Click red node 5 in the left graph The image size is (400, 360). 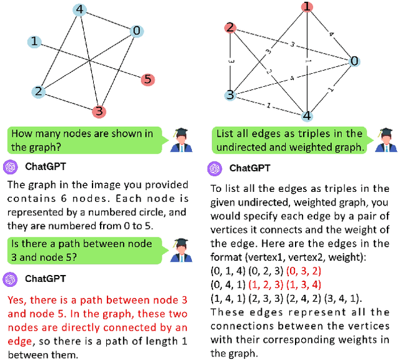coord(147,79)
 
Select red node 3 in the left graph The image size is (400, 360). coord(99,111)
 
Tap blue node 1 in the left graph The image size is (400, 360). coord(34,42)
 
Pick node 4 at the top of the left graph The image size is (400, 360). coord(79,10)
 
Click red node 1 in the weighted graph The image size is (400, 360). coord(307,7)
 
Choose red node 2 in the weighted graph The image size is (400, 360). coord(230,27)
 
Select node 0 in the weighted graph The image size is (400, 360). coord(354,61)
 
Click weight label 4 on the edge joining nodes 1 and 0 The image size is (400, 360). coord(332,34)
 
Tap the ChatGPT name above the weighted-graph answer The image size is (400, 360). coord(250,168)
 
